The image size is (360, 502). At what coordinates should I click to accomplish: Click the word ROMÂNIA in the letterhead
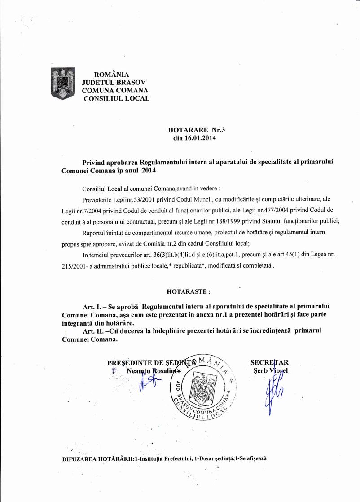tap(111, 75)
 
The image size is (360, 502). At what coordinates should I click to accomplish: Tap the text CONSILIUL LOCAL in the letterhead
tap(117, 98)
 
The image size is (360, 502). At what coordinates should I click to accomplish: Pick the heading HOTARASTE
tap(189, 291)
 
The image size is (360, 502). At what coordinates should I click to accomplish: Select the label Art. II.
tap(94, 331)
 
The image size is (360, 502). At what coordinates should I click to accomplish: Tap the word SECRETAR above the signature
tap(269, 363)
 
